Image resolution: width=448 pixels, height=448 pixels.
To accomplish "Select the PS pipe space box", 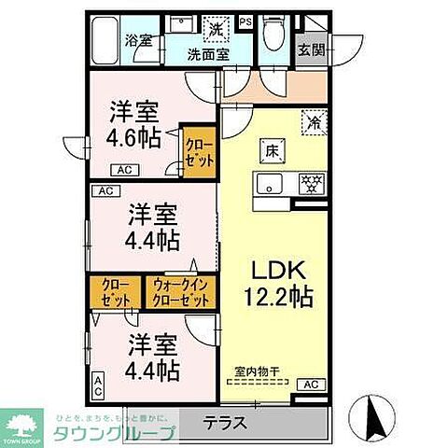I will click(245, 21).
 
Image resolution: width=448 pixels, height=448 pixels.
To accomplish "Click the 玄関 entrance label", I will click(312, 49).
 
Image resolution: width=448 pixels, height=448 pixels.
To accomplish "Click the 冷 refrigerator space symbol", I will click(314, 119).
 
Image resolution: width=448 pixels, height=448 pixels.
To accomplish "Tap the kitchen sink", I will click(271, 182).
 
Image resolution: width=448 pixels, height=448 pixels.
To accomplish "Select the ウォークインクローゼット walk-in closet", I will click(181, 291).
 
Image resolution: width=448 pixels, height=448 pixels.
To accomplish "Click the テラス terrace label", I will click(226, 423).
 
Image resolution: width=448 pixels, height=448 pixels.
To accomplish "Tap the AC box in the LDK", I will click(310, 385).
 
